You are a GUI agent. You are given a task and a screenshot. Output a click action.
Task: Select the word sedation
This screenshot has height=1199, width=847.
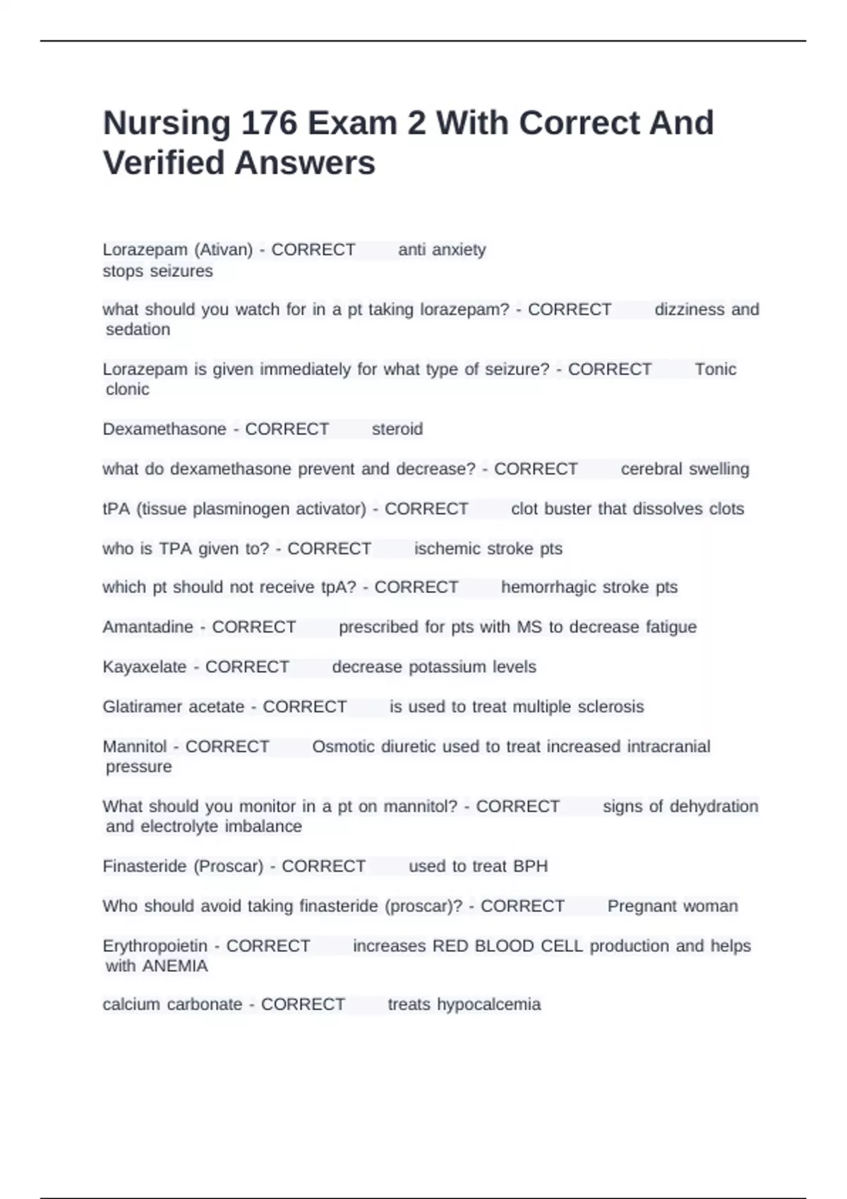tap(138, 329)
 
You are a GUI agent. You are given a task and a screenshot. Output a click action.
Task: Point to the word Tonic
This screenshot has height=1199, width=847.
tap(715, 370)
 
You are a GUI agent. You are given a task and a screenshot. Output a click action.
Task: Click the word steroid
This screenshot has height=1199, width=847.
tap(397, 429)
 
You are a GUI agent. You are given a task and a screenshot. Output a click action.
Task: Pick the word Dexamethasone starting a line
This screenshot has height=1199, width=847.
tap(164, 429)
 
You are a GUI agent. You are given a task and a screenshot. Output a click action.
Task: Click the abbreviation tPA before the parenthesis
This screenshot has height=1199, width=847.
tap(116, 509)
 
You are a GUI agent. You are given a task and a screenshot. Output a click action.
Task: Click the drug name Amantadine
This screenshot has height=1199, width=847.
tap(148, 627)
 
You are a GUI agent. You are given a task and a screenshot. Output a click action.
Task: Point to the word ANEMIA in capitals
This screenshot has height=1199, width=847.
tap(175, 966)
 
